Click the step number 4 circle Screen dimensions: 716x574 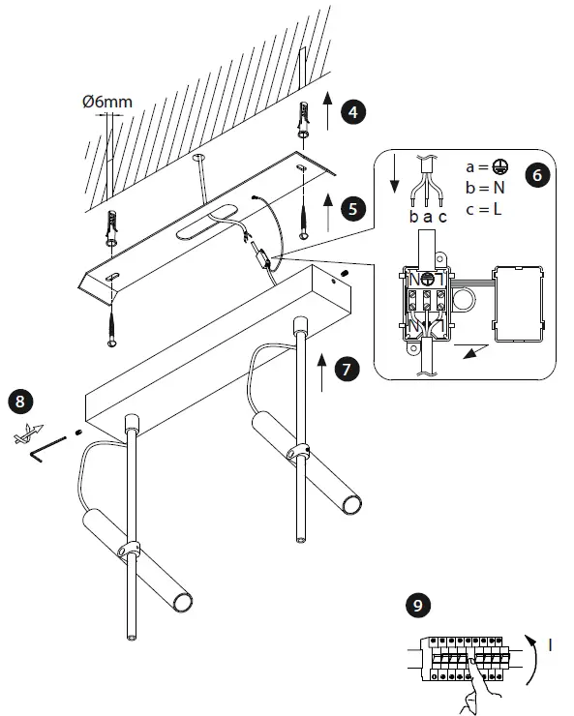point(356,112)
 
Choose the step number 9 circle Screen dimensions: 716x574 point(416,607)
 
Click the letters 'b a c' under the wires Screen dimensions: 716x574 point(428,217)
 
